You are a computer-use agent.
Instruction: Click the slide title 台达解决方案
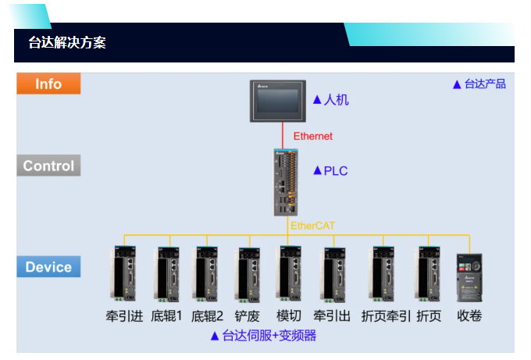click(x=68, y=43)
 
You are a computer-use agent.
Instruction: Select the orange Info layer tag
click(x=48, y=84)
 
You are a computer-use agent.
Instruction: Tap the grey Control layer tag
click(x=48, y=166)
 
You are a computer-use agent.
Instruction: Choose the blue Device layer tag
click(x=48, y=267)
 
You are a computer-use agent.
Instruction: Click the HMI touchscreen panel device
click(x=276, y=101)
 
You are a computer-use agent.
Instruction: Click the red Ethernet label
click(x=312, y=136)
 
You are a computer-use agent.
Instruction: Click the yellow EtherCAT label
click(x=312, y=226)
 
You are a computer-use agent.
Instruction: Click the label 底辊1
click(x=166, y=316)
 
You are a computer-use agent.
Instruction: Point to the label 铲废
click(x=248, y=316)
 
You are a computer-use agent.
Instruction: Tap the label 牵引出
click(x=331, y=316)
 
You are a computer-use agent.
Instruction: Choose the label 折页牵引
click(x=386, y=316)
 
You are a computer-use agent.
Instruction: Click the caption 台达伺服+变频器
click(x=269, y=336)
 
